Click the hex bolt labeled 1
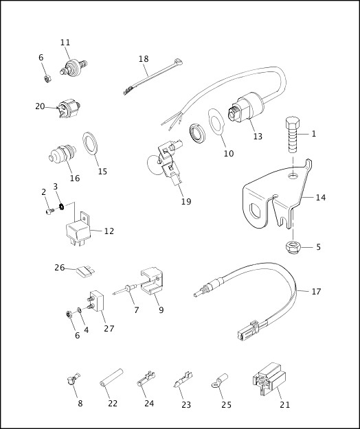[293, 135]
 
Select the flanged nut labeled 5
[293, 246]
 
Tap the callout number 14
[321, 197]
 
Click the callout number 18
[144, 58]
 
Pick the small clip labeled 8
[73, 380]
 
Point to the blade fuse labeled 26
[86, 272]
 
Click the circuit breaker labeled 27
[95, 301]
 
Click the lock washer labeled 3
[62, 207]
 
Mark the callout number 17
[316, 292]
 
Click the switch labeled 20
[69, 108]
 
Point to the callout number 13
[258, 137]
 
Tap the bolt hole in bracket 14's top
[293, 175]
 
